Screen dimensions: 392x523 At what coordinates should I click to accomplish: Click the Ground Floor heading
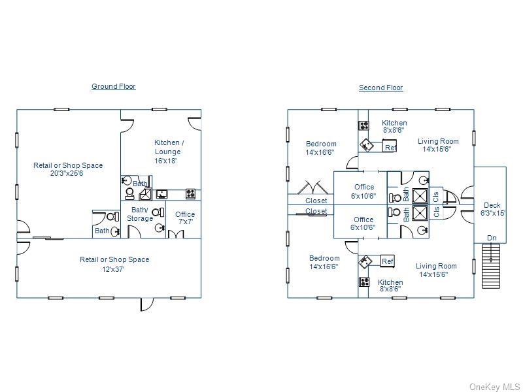tap(113, 86)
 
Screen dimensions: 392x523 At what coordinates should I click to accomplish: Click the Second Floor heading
tap(380, 88)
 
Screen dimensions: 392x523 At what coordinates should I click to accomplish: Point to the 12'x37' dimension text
tap(114, 269)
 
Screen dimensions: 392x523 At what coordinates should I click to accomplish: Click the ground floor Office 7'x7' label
tap(185, 218)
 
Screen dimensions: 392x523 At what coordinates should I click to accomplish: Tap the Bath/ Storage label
tap(140, 214)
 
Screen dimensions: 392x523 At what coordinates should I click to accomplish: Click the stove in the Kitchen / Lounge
tap(190, 193)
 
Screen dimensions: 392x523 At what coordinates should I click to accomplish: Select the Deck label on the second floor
tap(492, 205)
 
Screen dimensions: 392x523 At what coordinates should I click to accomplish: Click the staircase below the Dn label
tap(491, 266)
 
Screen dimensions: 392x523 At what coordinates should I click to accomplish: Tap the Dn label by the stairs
tap(492, 238)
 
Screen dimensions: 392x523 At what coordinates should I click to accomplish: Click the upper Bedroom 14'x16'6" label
tap(320, 148)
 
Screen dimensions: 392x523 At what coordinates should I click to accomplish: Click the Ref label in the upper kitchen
tap(390, 148)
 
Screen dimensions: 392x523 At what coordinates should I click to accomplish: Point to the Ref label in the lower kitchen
tap(387, 261)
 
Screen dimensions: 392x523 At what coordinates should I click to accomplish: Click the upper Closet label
tap(316, 201)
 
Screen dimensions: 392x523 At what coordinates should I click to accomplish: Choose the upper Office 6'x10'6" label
tap(363, 191)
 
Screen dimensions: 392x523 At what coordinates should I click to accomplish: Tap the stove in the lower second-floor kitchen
tap(364, 282)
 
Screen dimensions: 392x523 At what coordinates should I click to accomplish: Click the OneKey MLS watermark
tap(495, 387)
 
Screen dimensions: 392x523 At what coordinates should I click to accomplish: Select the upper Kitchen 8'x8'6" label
tap(394, 126)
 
